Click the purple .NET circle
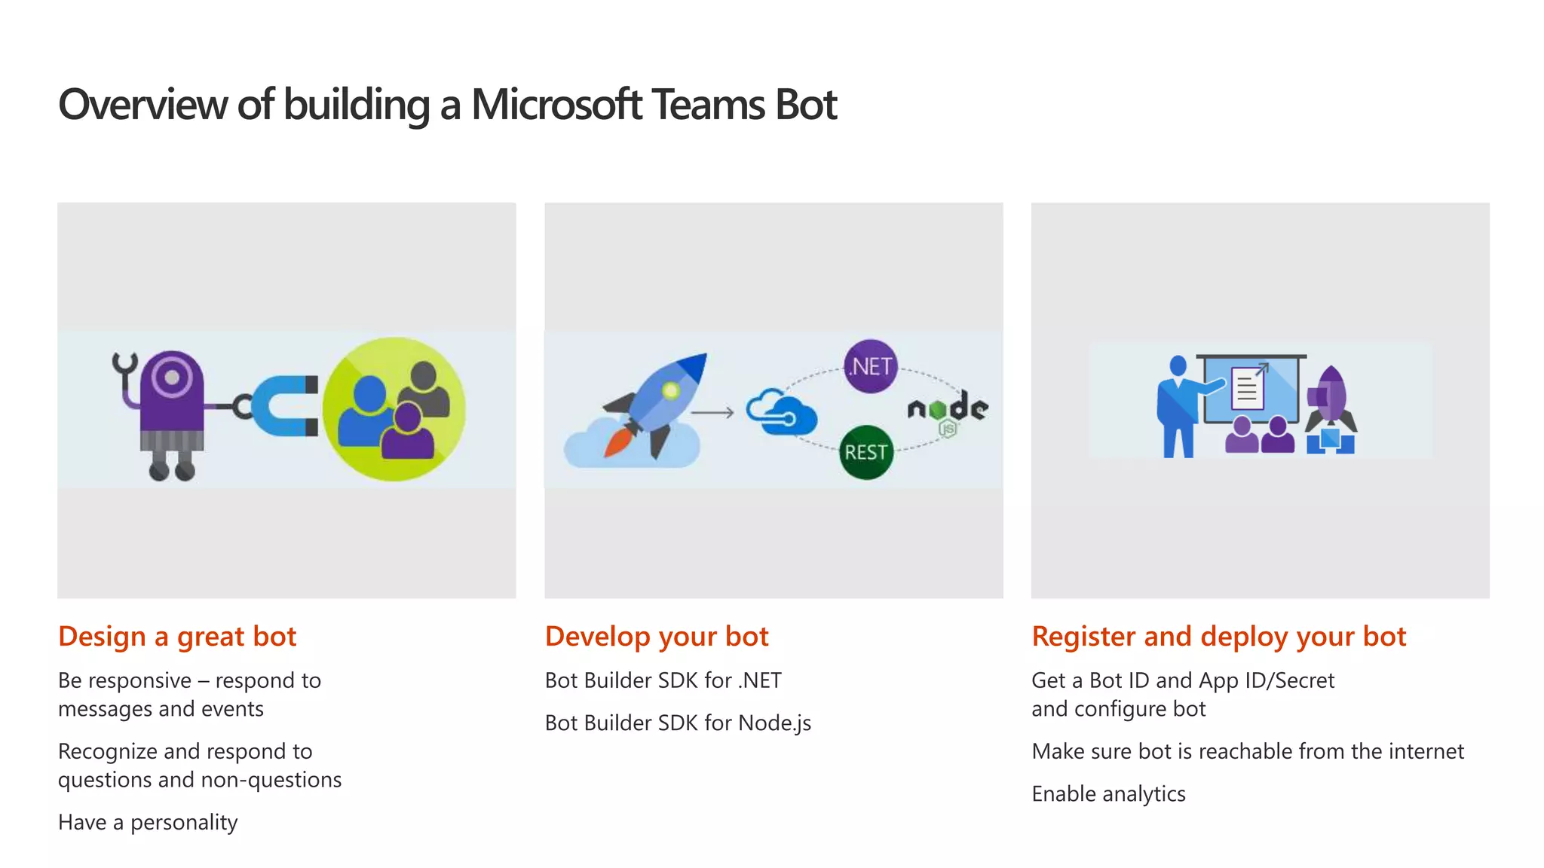point(871,366)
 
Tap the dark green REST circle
point(866,452)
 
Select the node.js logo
point(948,411)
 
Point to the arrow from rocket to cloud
point(712,412)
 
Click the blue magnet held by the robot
point(280,406)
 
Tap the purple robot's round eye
point(173,377)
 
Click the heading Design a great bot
point(177,637)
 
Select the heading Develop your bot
point(657,637)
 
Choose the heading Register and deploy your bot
point(1218,637)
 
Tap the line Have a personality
point(148,822)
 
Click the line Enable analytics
point(1108,793)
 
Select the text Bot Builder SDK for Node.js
point(678,723)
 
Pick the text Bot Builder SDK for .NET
point(663,680)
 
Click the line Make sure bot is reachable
point(1248,751)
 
